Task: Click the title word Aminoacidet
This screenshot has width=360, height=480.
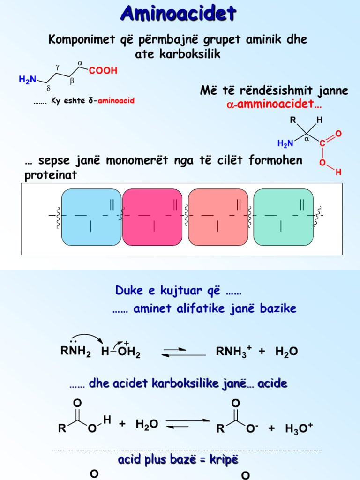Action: click(x=179, y=13)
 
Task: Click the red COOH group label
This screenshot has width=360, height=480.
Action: click(x=103, y=70)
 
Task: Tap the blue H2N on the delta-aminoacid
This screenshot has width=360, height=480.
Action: click(x=28, y=80)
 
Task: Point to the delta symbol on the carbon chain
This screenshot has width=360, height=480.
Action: click(x=48, y=89)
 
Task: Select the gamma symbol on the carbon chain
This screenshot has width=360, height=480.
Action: click(x=57, y=66)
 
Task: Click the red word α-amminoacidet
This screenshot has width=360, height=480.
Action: click(x=274, y=104)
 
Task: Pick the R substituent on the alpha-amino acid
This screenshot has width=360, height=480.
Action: click(x=293, y=120)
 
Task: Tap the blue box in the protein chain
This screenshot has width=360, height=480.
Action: click(x=91, y=217)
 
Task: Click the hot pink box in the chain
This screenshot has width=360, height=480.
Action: click(x=152, y=217)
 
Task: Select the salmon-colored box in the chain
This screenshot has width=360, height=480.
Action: click(x=218, y=217)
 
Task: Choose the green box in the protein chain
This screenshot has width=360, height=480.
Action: click(x=284, y=217)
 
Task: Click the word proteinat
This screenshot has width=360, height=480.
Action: click(x=51, y=175)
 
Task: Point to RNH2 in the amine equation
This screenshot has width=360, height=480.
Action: click(x=75, y=351)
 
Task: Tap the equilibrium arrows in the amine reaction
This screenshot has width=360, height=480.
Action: click(x=184, y=352)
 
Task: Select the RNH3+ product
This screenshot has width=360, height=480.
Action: click(x=234, y=351)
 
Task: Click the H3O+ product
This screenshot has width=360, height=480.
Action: click(x=299, y=428)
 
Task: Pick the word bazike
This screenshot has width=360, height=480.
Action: click(x=278, y=308)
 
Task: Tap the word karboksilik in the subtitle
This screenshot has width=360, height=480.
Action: click(x=190, y=54)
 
